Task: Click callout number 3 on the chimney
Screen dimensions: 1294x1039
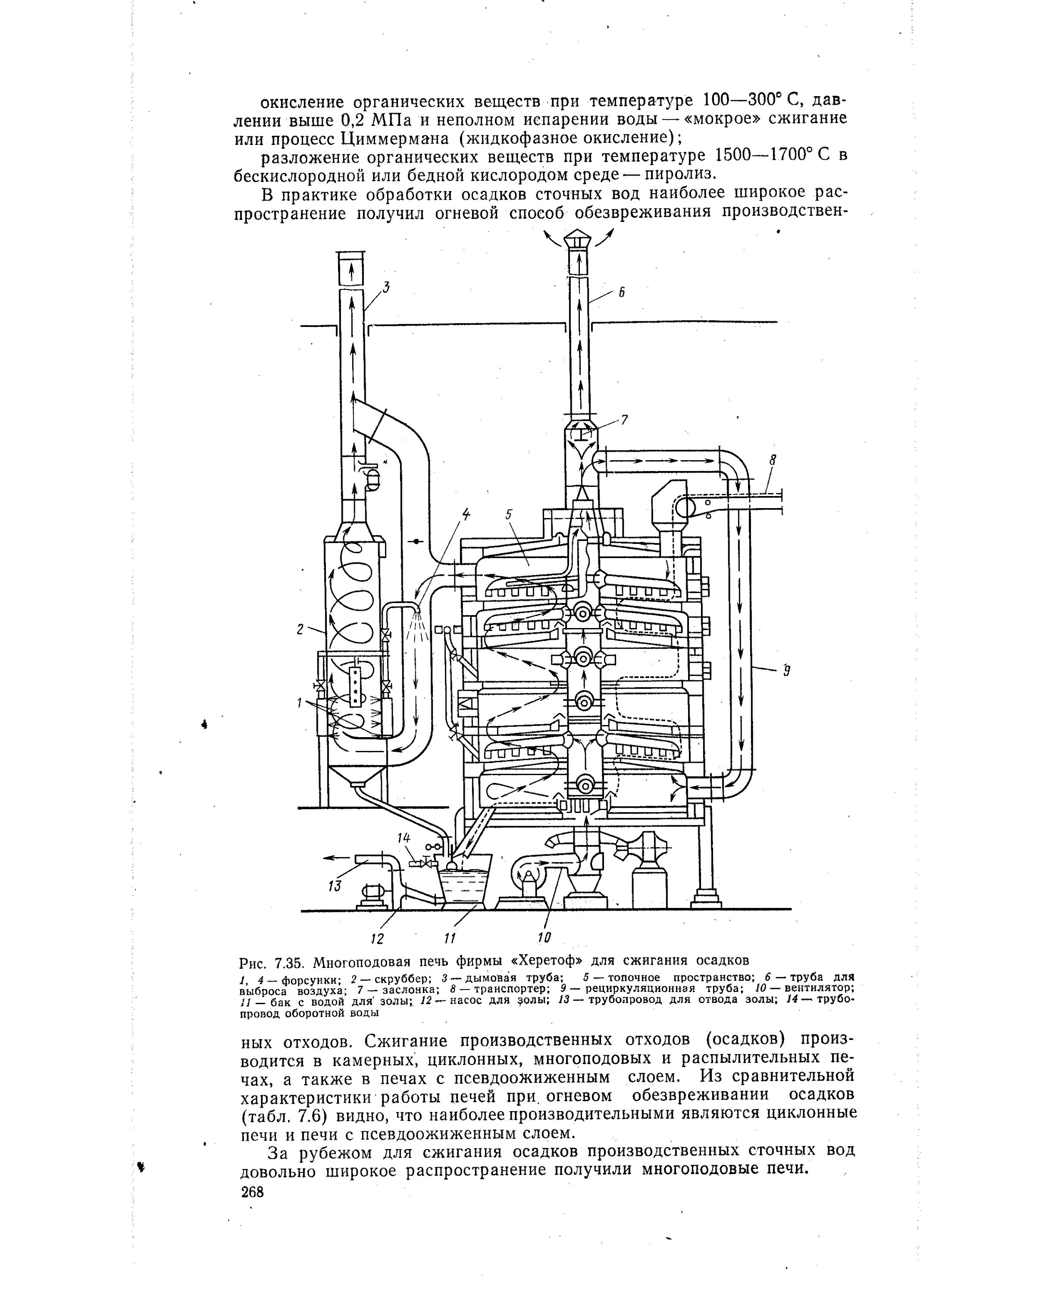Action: (386, 288)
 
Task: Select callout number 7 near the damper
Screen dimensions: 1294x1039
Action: (624, 420)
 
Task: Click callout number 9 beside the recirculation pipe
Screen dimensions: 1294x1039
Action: (786, 670)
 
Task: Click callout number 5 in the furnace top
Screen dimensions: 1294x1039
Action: (508, 514)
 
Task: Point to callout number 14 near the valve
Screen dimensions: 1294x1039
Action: (404, 838)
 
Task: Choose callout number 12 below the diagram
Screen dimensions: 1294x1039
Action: (377, 937)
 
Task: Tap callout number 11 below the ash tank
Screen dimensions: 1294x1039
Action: (450, 937)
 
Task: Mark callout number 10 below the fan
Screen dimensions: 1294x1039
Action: (544, 937)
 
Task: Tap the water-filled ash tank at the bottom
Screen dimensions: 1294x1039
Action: (463, 888)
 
